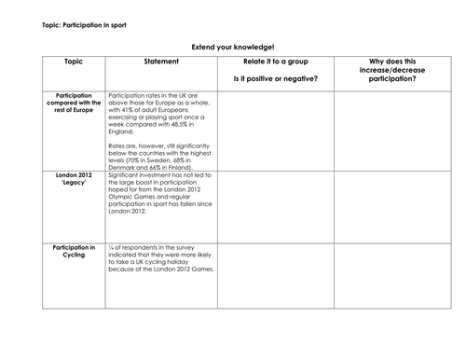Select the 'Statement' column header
[159, 62]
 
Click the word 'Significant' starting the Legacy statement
[126, 175]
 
